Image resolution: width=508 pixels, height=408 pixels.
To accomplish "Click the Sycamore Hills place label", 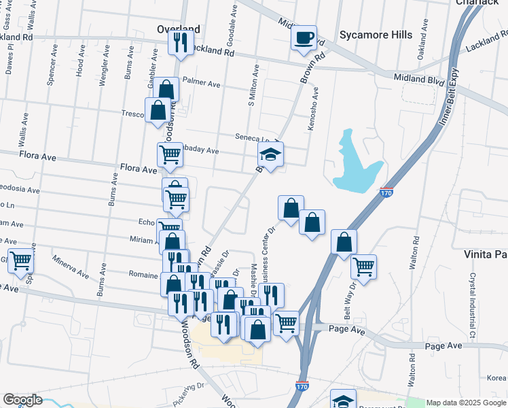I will pos(375,34).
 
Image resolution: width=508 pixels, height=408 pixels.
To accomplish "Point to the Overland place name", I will pos(179,29).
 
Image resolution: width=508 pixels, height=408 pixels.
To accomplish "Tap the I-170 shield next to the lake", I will pos(386,193).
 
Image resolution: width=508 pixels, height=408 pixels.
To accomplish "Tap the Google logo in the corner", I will pos(22,400).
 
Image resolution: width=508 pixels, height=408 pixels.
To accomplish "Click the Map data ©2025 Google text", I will pos(465,403).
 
